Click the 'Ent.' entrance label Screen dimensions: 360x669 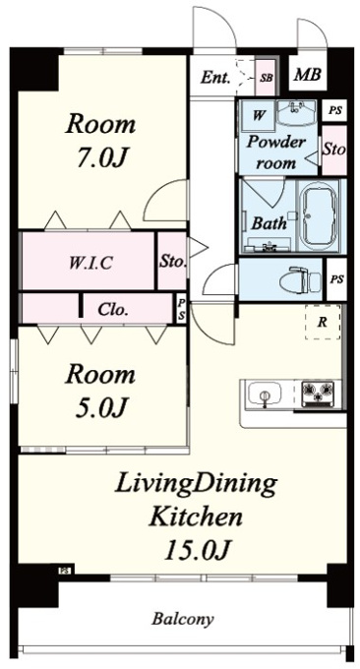(x=215, y=78)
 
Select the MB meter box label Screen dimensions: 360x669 (x=308, y=75)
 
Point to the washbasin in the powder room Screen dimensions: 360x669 (x=297, y=112)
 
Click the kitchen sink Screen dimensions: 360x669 (x=265, y=393)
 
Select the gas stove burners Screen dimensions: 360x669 (x=319, y=393)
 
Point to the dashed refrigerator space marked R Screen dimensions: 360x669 (x=323, y=322)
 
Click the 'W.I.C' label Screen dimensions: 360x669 (x=90, y=263)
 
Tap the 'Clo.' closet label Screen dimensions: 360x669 (x=112, y=309)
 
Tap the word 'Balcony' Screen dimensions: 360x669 (x=183, y=618)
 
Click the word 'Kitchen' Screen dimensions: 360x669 (x=196, y=517)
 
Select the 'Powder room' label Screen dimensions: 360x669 (x=276, y=152)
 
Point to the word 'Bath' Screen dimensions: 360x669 (x=269, y=222)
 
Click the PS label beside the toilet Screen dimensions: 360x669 (x=337, y=279)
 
